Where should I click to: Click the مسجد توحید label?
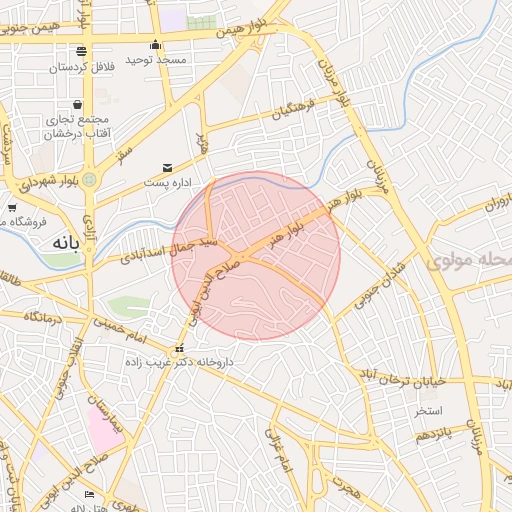156,61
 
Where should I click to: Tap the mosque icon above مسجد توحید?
155,45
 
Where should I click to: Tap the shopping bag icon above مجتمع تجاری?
77,104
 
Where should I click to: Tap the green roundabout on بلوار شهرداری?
90,180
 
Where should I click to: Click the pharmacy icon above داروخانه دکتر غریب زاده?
180,348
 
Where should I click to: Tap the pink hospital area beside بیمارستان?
104,427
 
